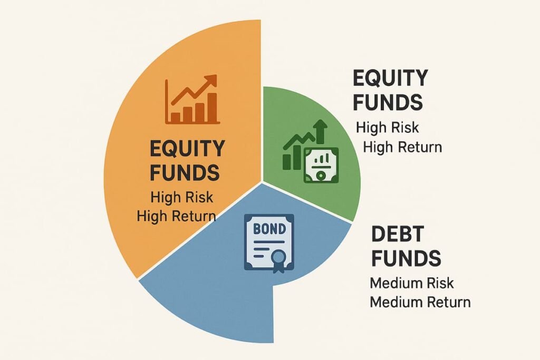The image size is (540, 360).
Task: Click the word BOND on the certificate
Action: (x=268, y=230)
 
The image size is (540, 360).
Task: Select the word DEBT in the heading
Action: (x=395, y=235)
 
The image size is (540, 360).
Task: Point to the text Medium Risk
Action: (x=411, y=283)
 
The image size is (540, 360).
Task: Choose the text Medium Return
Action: (x=420, y=303)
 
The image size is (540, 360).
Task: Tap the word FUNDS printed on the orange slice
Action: (x=182, y=172)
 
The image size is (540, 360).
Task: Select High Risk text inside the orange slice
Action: (x=182, y=198)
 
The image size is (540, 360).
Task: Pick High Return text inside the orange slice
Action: (x=176, y=216)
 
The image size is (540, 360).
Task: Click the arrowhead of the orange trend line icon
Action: (x=211, y=81)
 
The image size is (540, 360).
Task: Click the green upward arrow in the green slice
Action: (x=320, y=130)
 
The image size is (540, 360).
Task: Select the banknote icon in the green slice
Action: (x=321, y=165)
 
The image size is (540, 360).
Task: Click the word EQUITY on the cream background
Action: (x=390, y=79)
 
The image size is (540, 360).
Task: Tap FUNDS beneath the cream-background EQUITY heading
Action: (x=388, y=102)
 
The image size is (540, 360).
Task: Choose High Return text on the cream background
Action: (x=402, y=147)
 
